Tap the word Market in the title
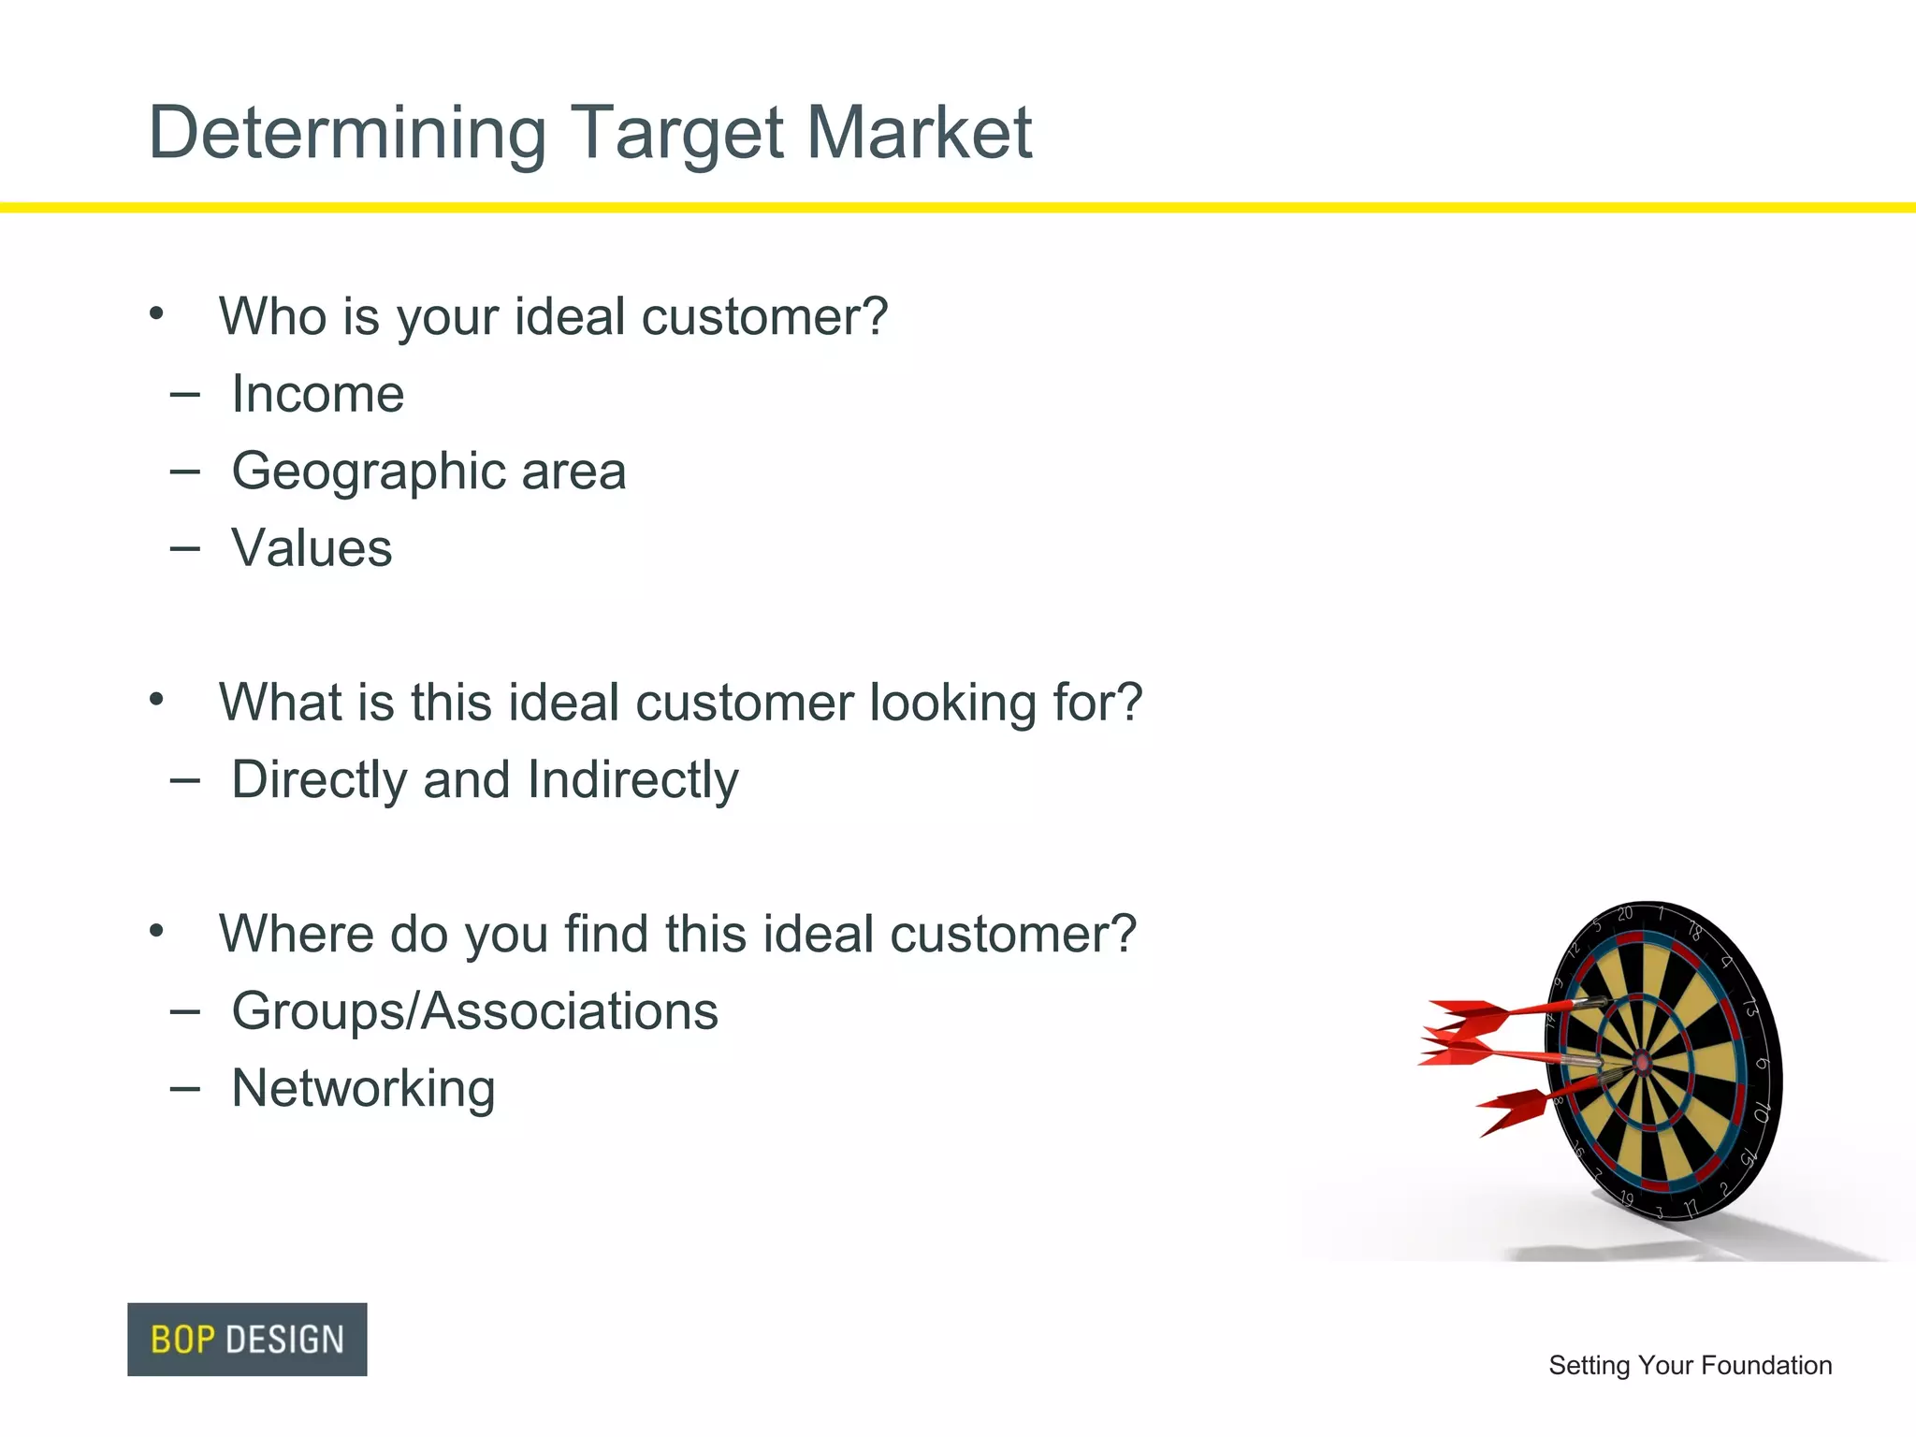919,132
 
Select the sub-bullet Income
318,394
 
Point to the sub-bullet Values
312,548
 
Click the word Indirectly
632,780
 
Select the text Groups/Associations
474,1011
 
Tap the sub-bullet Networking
363,1089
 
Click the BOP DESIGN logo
247,1339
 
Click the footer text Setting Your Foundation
1690,1365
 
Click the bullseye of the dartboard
1642,1062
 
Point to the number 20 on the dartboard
1625,913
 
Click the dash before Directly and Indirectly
185,780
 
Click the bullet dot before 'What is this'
156,699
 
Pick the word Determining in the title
347,134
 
